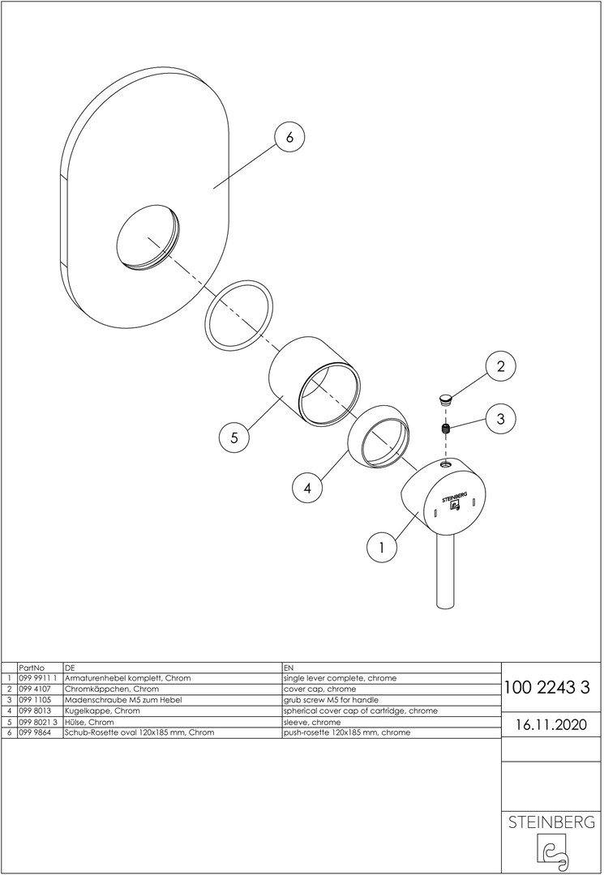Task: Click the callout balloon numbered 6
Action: tap(289, 138)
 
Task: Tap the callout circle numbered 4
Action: tap(307, 489)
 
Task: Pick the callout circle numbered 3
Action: tap(500, 419)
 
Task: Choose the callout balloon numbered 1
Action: tap(381, 548)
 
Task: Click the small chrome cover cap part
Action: tap(445, 398)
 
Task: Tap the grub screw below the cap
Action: tap(445, 429)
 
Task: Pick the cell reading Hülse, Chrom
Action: tap(88, 721)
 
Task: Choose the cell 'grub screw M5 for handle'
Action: tap(332, 699)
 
